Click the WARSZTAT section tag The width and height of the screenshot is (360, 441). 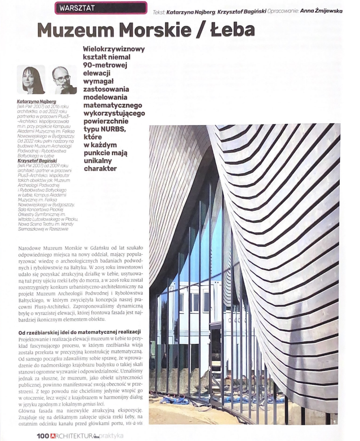pyautogui.click(x=77, y=8)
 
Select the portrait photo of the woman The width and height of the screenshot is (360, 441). pyautogui.click(x=30, y=80)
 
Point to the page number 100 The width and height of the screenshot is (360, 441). pyautogui.click(x=43, y=436)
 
